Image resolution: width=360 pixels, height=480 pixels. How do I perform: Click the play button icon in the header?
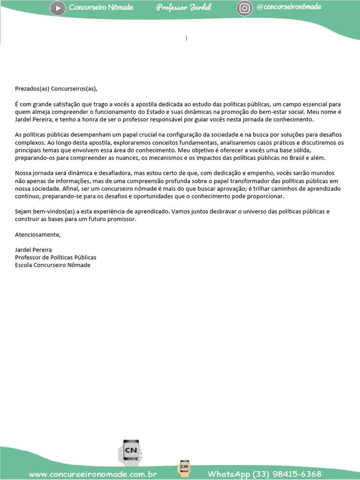[x=58, y=8]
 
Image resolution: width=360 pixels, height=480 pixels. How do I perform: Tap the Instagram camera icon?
[x=245, y=8]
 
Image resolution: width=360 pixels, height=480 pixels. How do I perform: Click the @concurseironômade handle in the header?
[x=289, y=7]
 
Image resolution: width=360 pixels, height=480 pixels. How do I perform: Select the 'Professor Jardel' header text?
[x=184, y=7]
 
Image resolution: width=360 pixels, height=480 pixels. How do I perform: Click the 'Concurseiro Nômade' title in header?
[x=101, y=7]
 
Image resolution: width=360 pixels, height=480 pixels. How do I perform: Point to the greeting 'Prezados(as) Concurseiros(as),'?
[x=58, y=89]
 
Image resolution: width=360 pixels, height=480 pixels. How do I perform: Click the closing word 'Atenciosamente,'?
[x=38, y=234]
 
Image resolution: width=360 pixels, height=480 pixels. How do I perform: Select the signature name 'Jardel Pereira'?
[x=33, y=250]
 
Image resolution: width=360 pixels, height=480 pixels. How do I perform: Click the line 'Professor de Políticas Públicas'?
[x=56, y=257]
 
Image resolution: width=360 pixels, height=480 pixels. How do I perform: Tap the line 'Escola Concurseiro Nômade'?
[x=52, y=265]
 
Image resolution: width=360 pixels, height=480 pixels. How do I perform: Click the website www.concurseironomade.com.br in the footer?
[x=93, y=474]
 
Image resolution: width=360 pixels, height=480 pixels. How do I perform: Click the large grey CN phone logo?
[x=132, y=452]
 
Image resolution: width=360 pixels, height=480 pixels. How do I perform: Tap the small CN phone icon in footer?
[x=184, y=468]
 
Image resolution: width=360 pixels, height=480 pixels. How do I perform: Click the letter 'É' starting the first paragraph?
[x=17, y=104]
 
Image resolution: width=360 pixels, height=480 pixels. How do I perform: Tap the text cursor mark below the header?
[x=187, y=38]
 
